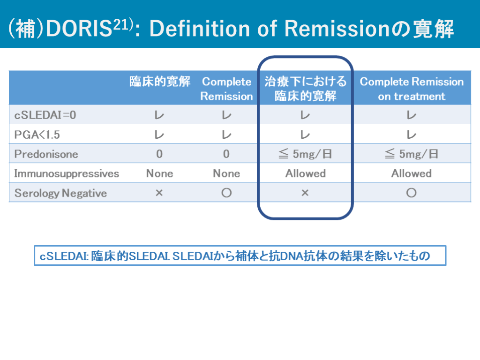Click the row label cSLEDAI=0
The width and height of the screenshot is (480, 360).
45,115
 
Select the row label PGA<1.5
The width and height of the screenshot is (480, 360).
37,135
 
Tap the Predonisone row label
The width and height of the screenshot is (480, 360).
46,154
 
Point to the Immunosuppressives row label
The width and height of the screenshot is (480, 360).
67,173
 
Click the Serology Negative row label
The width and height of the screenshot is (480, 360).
60,193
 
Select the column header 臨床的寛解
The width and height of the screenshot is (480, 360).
160,82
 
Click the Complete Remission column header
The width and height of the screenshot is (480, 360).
226,89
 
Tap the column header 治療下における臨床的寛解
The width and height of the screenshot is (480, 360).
306,89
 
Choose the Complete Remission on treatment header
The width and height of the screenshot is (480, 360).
412,89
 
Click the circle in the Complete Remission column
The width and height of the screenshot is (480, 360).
226,193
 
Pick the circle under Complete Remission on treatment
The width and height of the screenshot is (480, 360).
412,193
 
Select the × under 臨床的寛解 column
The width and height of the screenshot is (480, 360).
159,193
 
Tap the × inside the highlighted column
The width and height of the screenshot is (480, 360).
305,193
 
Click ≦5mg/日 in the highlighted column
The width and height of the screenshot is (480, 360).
305,154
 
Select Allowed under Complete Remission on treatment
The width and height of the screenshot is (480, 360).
412,173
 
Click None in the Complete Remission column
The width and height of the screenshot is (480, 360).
226,173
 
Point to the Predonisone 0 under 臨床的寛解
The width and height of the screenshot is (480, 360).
159,154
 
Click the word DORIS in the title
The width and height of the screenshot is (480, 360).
79,29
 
